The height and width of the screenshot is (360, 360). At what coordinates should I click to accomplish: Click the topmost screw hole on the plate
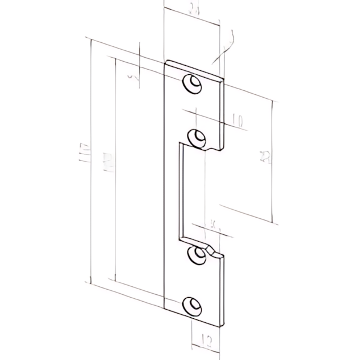click(x=193, y=83)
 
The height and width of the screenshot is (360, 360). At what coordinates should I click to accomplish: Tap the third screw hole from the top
click(x=198, y=254)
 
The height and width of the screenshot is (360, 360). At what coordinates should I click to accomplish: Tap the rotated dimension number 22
click(x=265, y=157)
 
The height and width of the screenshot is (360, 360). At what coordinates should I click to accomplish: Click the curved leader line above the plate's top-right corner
click(x=226, y=46)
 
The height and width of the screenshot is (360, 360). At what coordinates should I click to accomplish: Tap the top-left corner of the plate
click(x=166, y=62)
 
